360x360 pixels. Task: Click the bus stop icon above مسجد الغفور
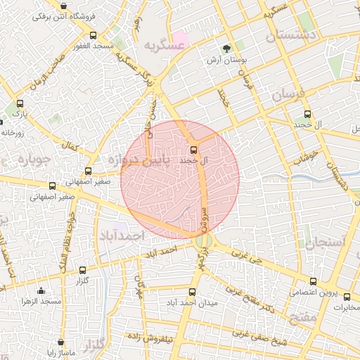pyautogui.click(x=93, y=35)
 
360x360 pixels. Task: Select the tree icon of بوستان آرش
pyautogui.click(x=226, y=49)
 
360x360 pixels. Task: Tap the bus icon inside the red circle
pyautogui.click(x=194, y=149)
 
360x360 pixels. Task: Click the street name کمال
pyautogui.click(x=69, y=148)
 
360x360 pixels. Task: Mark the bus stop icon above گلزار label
pyautogui.click(x=82, y=269)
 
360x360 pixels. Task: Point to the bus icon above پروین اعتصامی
pyautogui.click(x=325, y=280)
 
